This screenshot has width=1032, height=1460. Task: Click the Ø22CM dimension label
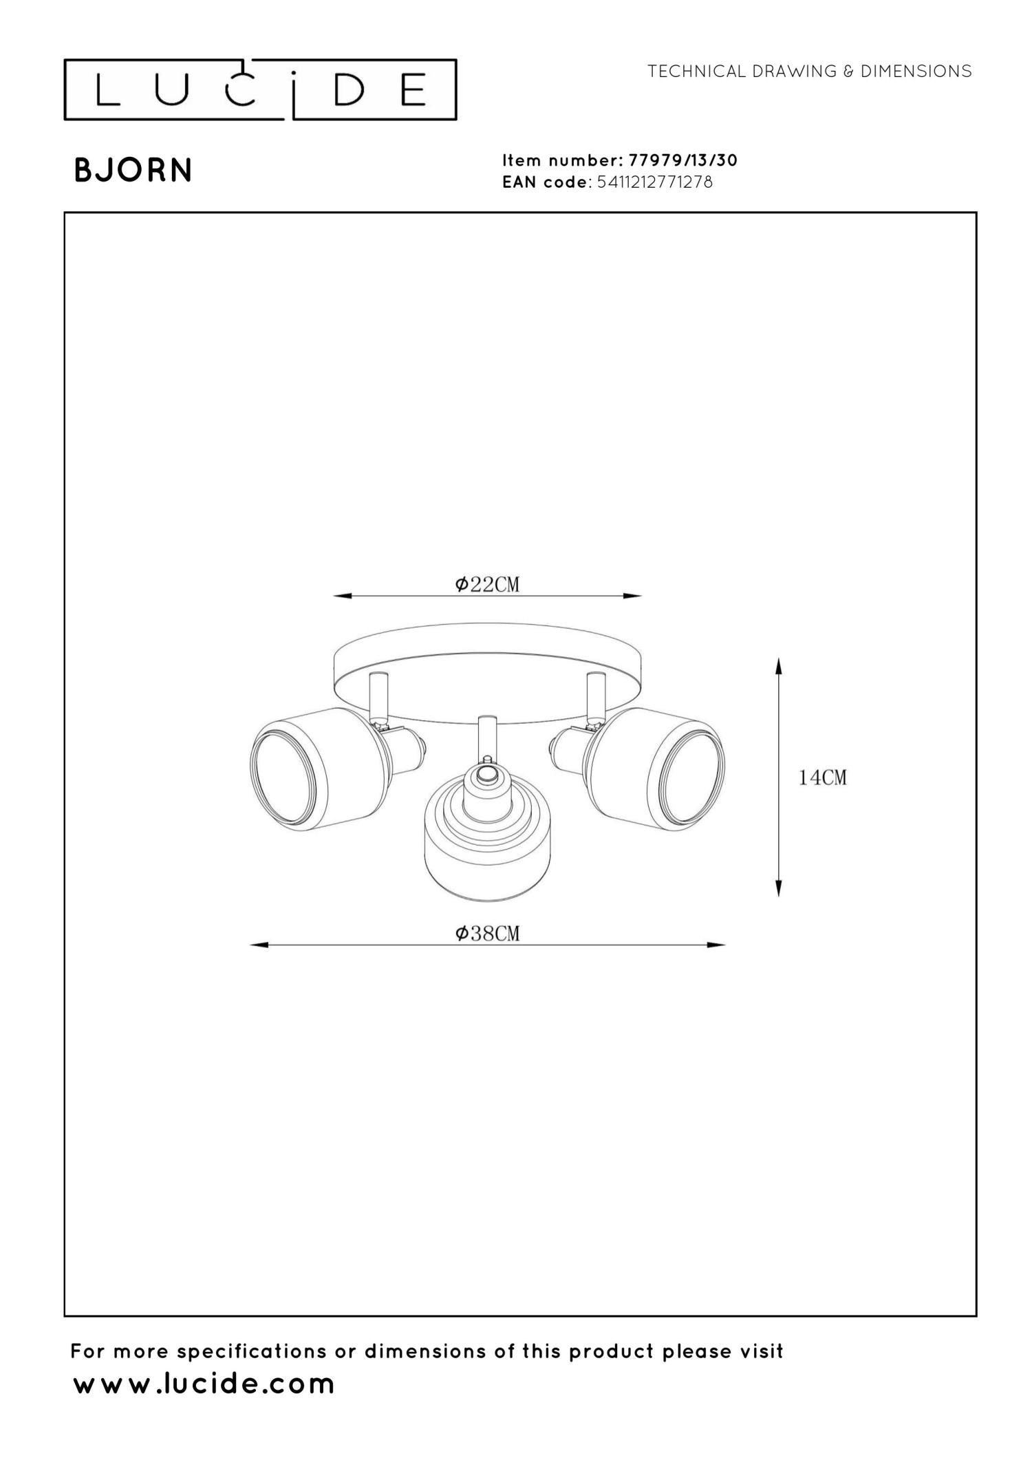pos(487,584)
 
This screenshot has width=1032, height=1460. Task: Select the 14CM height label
pos(822,777)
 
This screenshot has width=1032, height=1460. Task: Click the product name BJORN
pos(133,171)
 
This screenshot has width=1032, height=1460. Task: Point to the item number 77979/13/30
pos(683,160)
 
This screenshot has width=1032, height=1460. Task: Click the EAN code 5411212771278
pos(655,182)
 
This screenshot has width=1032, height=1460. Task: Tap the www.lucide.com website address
pos(204,1383)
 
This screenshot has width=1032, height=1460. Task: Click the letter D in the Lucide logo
pos(349,90)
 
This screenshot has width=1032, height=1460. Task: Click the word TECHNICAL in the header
pos(697,72)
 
